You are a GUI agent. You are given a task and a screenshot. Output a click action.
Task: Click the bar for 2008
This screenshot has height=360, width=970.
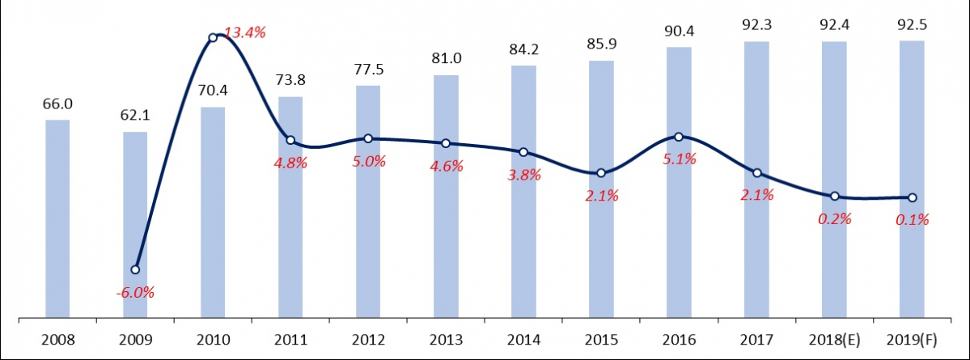click(57, 218)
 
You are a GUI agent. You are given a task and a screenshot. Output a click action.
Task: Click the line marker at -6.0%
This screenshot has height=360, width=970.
click(135, 269)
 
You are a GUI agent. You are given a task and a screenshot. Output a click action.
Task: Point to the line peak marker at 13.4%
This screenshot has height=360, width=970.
click(213, 37)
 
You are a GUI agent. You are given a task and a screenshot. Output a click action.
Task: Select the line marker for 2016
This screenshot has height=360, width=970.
click(679, 137)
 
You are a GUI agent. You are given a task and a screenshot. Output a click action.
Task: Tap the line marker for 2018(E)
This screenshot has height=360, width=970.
click(834, 197)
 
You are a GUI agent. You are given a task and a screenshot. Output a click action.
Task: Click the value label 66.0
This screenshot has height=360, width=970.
click(57, 104)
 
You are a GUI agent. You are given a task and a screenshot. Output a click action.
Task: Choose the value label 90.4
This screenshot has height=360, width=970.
click(679, 32)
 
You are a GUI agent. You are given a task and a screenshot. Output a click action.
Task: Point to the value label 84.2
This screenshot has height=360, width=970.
click(523, 50)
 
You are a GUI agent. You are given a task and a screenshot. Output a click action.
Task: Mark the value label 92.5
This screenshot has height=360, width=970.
click(912, 25)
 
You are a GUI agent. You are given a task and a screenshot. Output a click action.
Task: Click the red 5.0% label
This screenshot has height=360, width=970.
click(368, 160)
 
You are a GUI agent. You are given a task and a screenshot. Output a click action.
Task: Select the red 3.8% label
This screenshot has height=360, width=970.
click(523, 174)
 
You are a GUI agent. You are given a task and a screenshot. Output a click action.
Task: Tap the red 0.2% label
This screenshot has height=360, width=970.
click(834, 218)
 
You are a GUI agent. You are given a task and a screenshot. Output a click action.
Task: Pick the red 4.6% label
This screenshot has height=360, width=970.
click(446, 167)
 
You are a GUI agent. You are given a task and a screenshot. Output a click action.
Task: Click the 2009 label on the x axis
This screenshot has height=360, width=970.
click(135, 340)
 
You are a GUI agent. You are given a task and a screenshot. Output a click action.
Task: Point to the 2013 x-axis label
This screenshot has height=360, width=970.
click(446, 340)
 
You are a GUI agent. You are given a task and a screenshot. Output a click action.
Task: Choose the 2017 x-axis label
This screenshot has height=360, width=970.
click(756, 340)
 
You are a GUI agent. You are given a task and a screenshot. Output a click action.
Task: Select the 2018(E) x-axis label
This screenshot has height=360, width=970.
click(834, 340)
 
